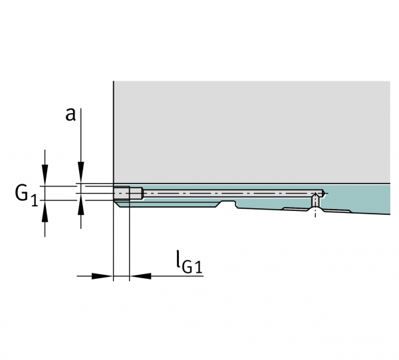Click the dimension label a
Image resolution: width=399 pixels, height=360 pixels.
coord(70,114)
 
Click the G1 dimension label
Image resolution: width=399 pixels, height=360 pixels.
coord(27,195)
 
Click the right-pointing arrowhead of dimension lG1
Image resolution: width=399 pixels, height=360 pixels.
coord(102,276)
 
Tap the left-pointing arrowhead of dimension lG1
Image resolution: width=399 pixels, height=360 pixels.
coord(140,276)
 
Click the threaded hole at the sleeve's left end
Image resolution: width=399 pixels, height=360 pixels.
coord(128,193)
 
